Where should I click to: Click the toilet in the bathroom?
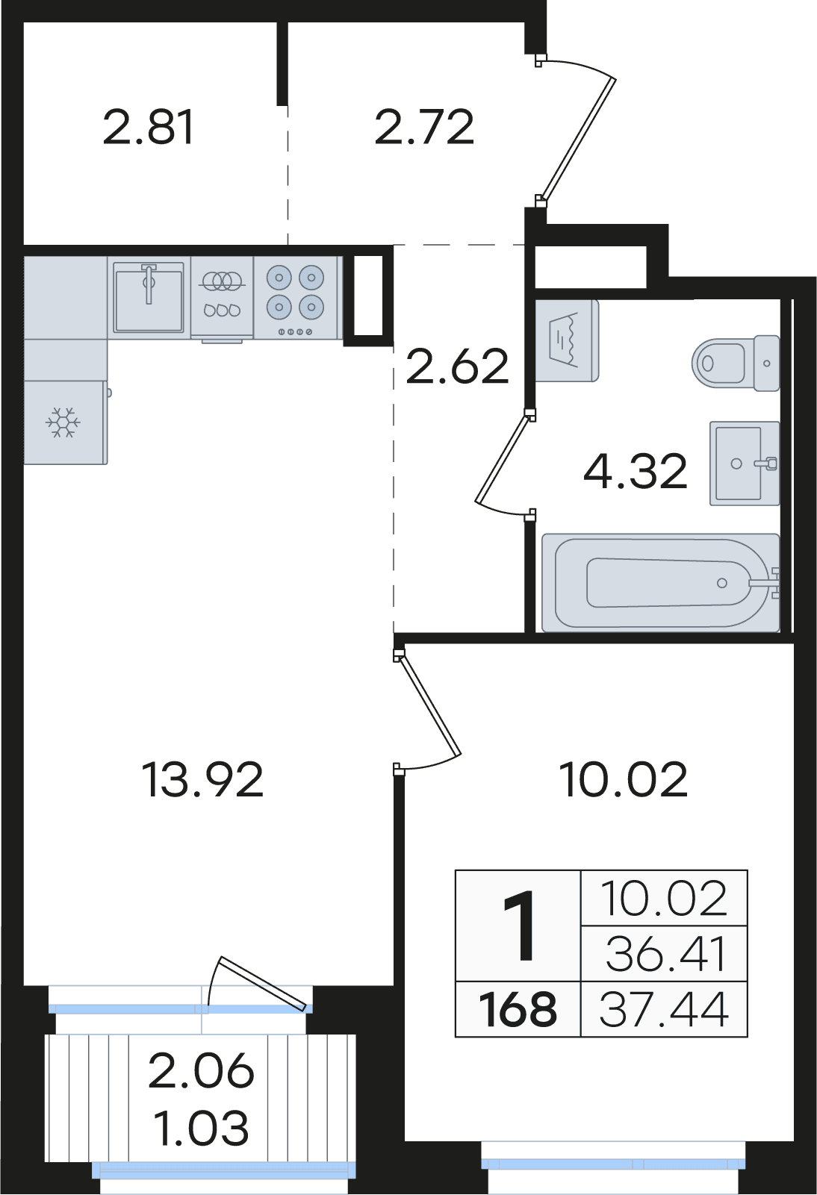[x=736, y=363]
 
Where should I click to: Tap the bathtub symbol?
[x=661, y=582]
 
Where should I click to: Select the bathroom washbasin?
[x=745, y=463]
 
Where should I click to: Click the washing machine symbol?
[x=568, y=341]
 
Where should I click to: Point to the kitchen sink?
[x=149, y=297]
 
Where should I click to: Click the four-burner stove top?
[x=296, y=297]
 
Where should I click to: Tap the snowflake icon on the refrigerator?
[x=63, y=423]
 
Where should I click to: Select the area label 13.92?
[x=204, y=781]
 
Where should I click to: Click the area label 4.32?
[x=635, y=472]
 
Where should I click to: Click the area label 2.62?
[x=457, y=366]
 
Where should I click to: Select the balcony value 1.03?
[x=201, y=1129]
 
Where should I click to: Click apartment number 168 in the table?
[x=518, y=1010]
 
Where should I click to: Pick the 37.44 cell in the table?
[x=664, y=1010]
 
